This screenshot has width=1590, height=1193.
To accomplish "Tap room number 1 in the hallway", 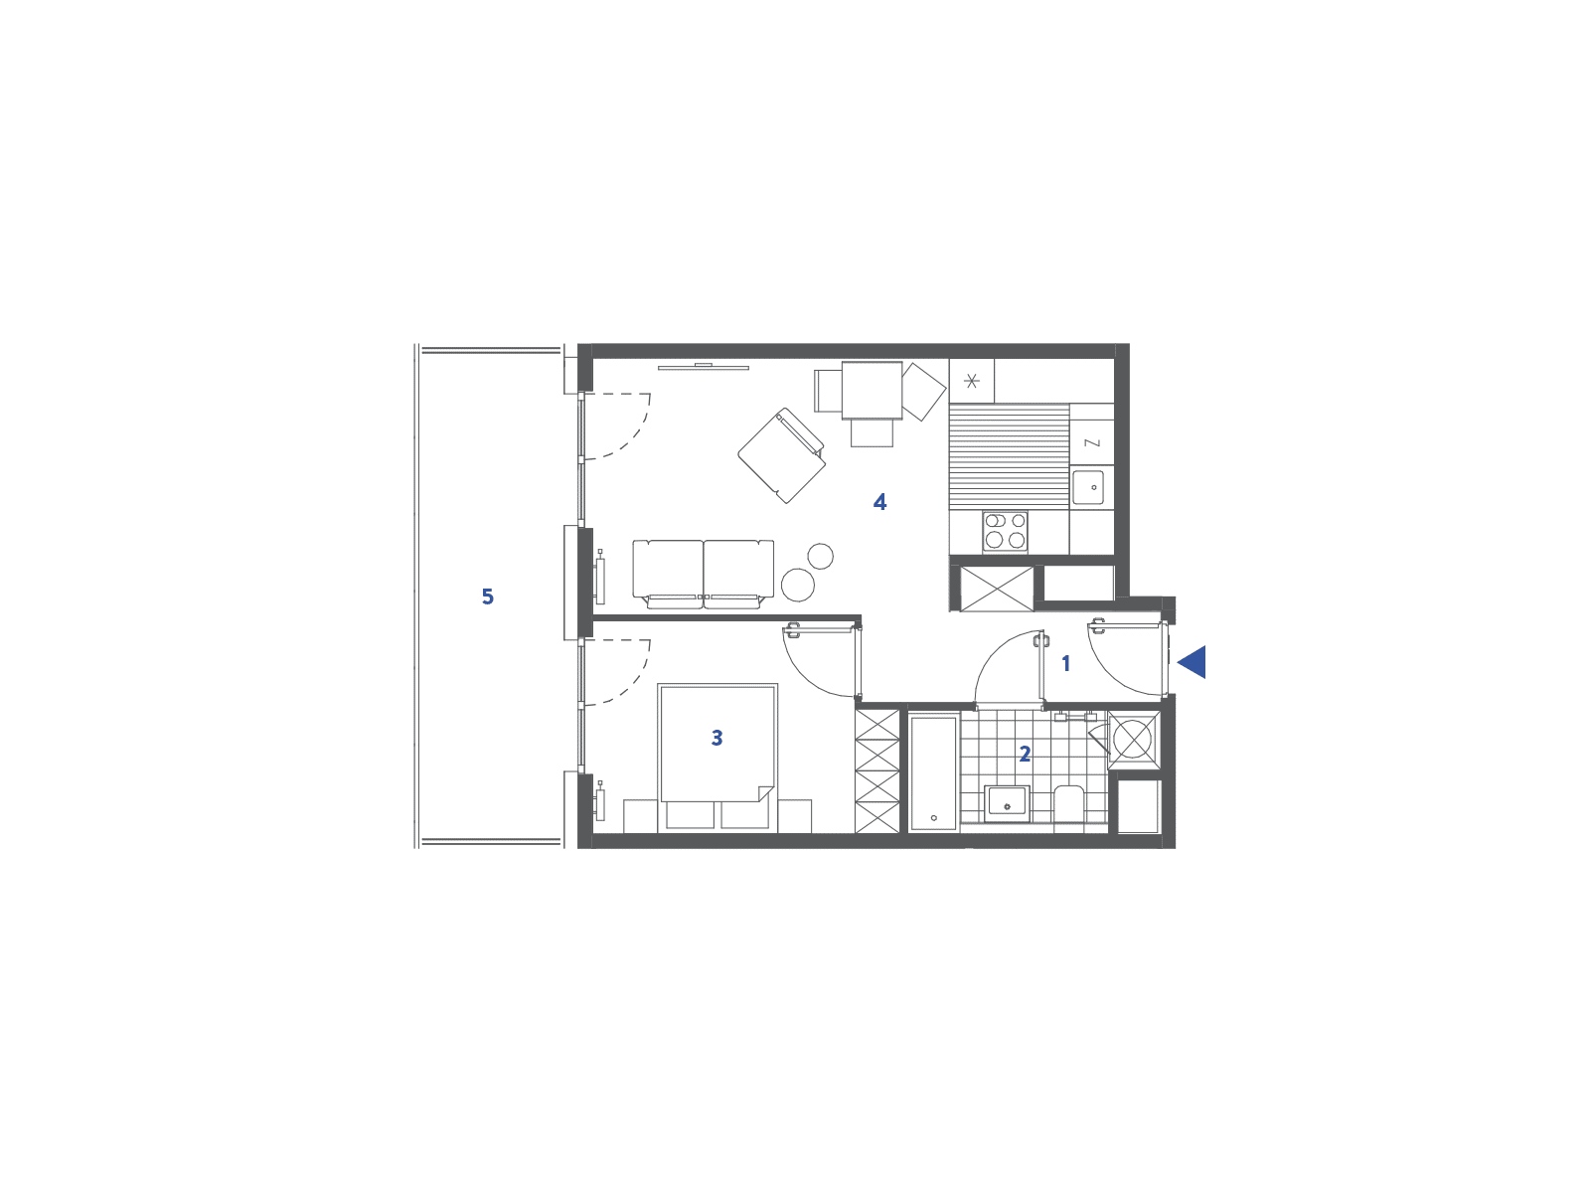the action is point(1065,663).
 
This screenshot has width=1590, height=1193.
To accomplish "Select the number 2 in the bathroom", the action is point(1025,754).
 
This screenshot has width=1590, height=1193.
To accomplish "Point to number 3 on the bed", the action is point(716,738).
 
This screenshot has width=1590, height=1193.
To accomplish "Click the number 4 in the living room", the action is point(879,502).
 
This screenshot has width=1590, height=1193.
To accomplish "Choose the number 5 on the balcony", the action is point(488,596).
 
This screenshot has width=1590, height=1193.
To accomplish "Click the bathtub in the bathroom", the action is point(933,772).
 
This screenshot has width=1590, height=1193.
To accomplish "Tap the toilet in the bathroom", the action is point(1068,803).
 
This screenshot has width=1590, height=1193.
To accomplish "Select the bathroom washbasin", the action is point(1007,804).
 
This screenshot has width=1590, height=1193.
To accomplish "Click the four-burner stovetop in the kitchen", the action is point(1005,531).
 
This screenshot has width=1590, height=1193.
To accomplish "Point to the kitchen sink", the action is point(1092,486).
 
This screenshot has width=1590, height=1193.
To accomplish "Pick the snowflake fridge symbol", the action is point(971,381).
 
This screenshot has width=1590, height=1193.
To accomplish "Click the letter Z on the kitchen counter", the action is point(1092,442).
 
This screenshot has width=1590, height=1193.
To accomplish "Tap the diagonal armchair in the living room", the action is point(782,455).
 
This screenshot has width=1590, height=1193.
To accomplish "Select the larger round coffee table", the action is point(798,585).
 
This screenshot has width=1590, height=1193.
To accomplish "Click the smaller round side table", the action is point(820,557).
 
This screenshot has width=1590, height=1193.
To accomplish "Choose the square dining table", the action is point(872,391).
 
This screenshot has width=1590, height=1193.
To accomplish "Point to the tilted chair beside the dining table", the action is point(924,392).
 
